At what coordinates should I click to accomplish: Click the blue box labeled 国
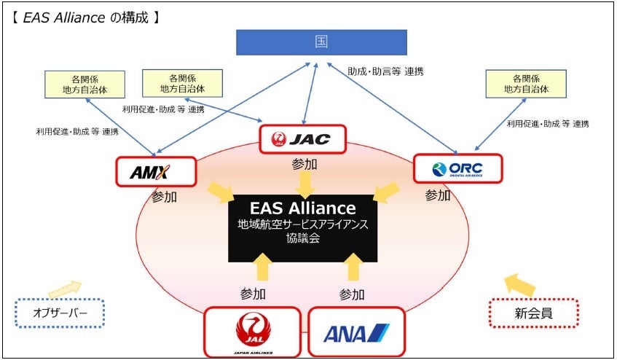[x=321, y=42]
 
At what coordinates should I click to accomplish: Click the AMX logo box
[x=156, y=172]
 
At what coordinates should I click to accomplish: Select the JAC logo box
[x=303, y=138]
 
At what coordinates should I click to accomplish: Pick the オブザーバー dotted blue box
[x=60, y=313]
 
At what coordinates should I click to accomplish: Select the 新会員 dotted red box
[x=533, y=313]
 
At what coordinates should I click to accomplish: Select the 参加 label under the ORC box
[x=438, y=195]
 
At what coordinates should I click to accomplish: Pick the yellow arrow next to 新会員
[x=519, y=285]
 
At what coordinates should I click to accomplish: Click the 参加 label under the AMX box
[x=165, y=197]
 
